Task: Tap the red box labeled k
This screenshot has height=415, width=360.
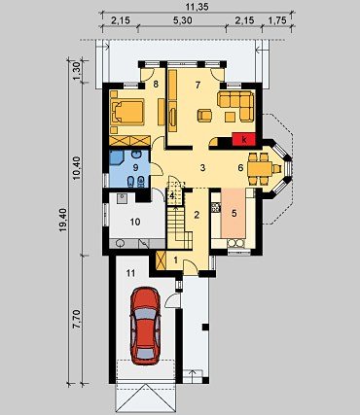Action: coord(244,140)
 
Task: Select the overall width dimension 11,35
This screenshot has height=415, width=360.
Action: coord(198,7)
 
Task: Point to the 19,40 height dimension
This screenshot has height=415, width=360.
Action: coord(63,220)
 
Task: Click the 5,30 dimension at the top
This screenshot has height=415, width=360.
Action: coord(182,20)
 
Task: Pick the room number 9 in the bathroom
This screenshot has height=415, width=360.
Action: coord(135,167)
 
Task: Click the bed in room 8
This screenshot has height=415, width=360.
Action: coord(127,112)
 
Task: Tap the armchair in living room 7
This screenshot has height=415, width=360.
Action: coord(204,116)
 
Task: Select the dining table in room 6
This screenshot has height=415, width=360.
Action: coord(260,168)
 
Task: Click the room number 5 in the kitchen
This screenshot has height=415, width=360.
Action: coord(234,213)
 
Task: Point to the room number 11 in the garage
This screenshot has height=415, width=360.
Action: coord(130,273)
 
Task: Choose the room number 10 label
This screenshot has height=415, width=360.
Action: coord(135,222)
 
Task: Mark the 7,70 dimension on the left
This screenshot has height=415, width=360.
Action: coord(77,319)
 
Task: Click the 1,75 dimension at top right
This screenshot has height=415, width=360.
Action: coord(277,20)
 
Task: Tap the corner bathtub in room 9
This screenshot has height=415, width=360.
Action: coord(116,157)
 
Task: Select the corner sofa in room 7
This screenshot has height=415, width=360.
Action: coord(235,105)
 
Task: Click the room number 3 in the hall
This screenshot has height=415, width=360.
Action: coord(202,168)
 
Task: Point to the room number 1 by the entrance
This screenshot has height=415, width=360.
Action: coord(175,259)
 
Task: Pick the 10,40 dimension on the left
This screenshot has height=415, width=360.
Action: coord(77,168)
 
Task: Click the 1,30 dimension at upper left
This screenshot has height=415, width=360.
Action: coord(77,71)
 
